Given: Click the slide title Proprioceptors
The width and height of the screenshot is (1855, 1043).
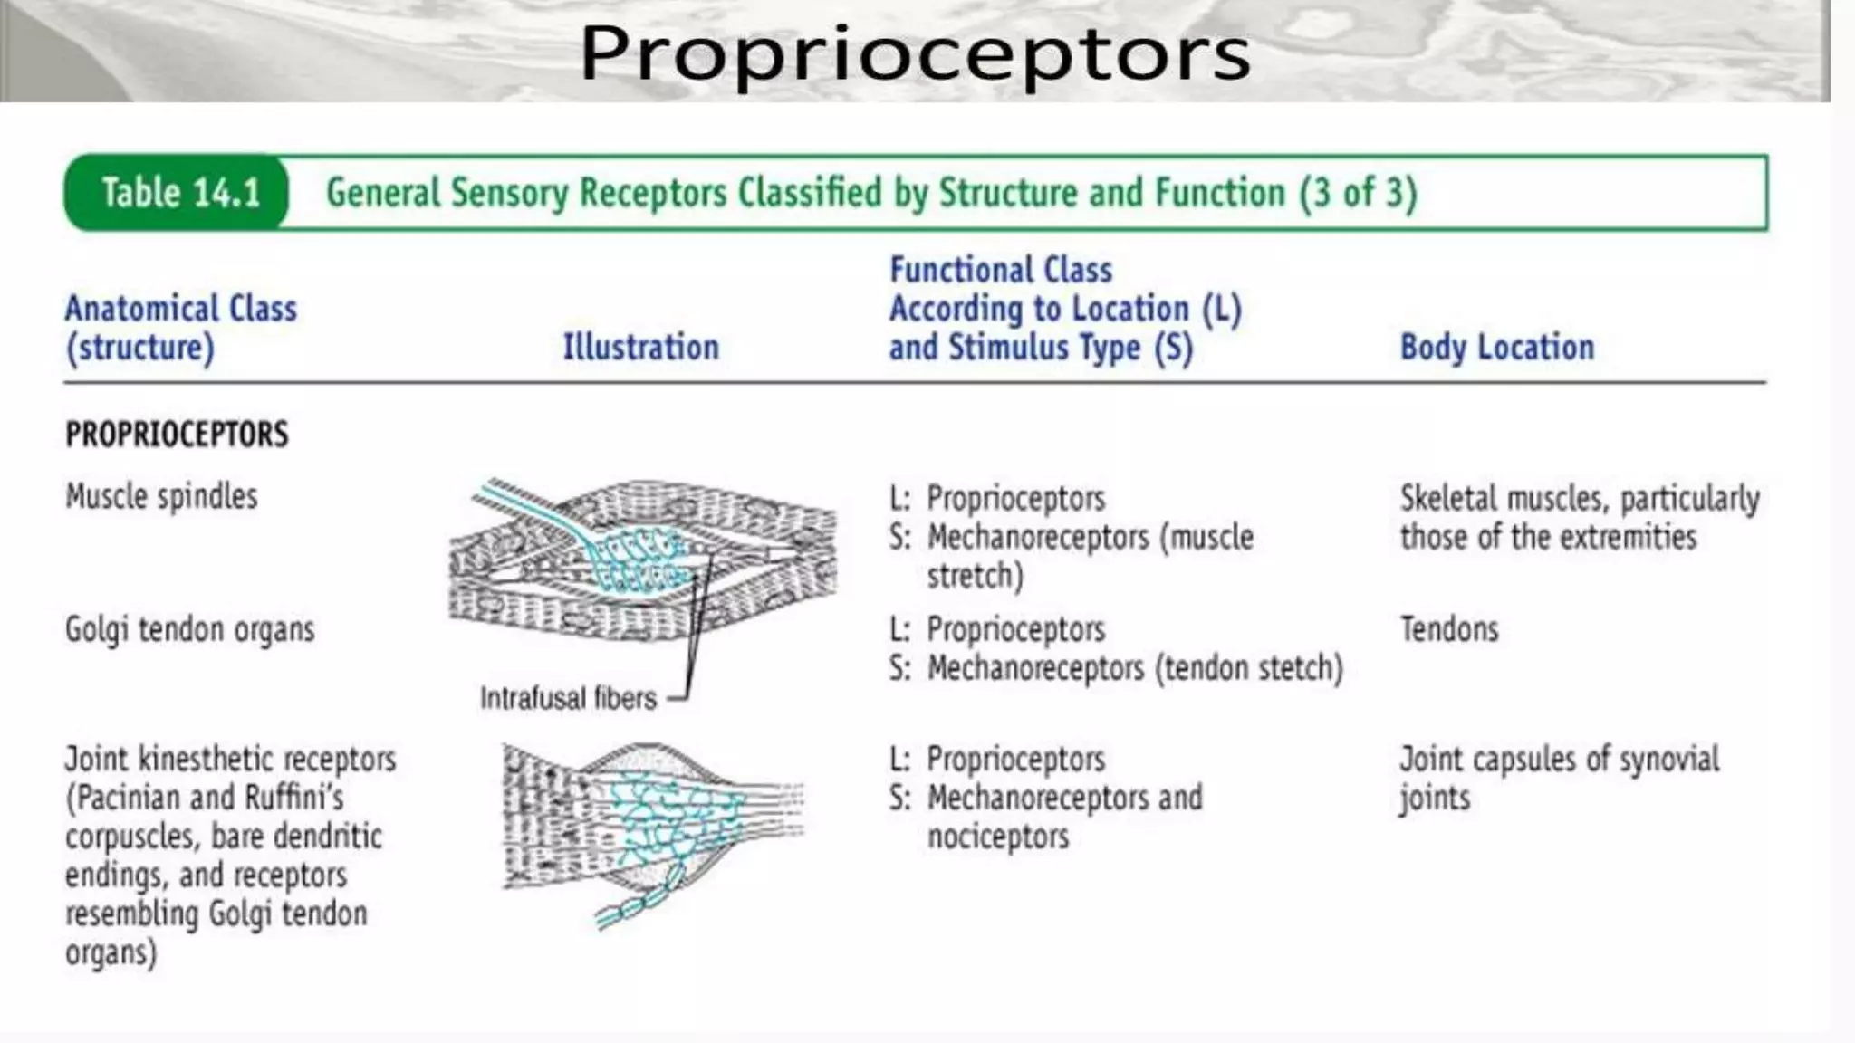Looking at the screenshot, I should coord(915,54).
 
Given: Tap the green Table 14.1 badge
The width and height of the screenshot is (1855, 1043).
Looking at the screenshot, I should coord(179,193).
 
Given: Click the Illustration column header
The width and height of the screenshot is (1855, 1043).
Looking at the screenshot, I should coord(640,348).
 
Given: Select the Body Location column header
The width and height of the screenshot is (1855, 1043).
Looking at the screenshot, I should coord(1496,348).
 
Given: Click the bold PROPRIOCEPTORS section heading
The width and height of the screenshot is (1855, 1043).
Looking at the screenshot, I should coord(177,435).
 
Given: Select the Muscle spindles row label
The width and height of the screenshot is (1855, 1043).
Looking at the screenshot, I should coord(161,497).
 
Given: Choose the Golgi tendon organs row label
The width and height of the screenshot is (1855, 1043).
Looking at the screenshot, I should coord(189,629).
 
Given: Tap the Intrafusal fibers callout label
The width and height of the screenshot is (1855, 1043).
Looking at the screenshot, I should coord(568,698).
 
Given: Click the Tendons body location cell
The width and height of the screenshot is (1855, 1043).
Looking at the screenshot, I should coord(1448,629).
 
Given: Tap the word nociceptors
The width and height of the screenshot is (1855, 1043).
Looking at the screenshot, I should coord(997,837).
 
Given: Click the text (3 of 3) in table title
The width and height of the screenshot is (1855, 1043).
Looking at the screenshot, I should coord(1358,193).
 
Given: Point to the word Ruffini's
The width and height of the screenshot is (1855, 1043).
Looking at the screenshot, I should coord(294,798).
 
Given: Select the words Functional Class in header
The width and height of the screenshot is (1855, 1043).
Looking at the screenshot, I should coord(1000,270).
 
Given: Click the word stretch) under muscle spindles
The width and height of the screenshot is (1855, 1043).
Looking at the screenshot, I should coord(975,576).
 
